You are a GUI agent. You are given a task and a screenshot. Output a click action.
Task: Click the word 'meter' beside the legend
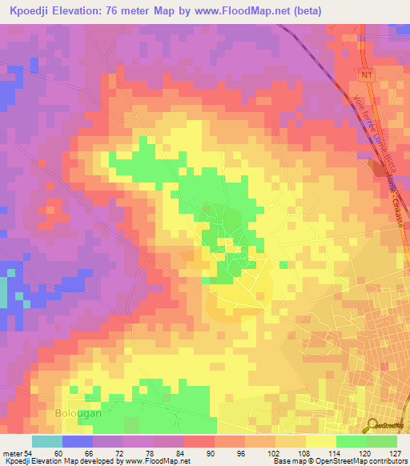point(14,452)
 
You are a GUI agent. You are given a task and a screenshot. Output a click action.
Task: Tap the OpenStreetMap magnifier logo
point(374,424)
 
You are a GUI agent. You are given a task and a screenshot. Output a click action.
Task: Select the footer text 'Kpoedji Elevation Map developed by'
point(56,461)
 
